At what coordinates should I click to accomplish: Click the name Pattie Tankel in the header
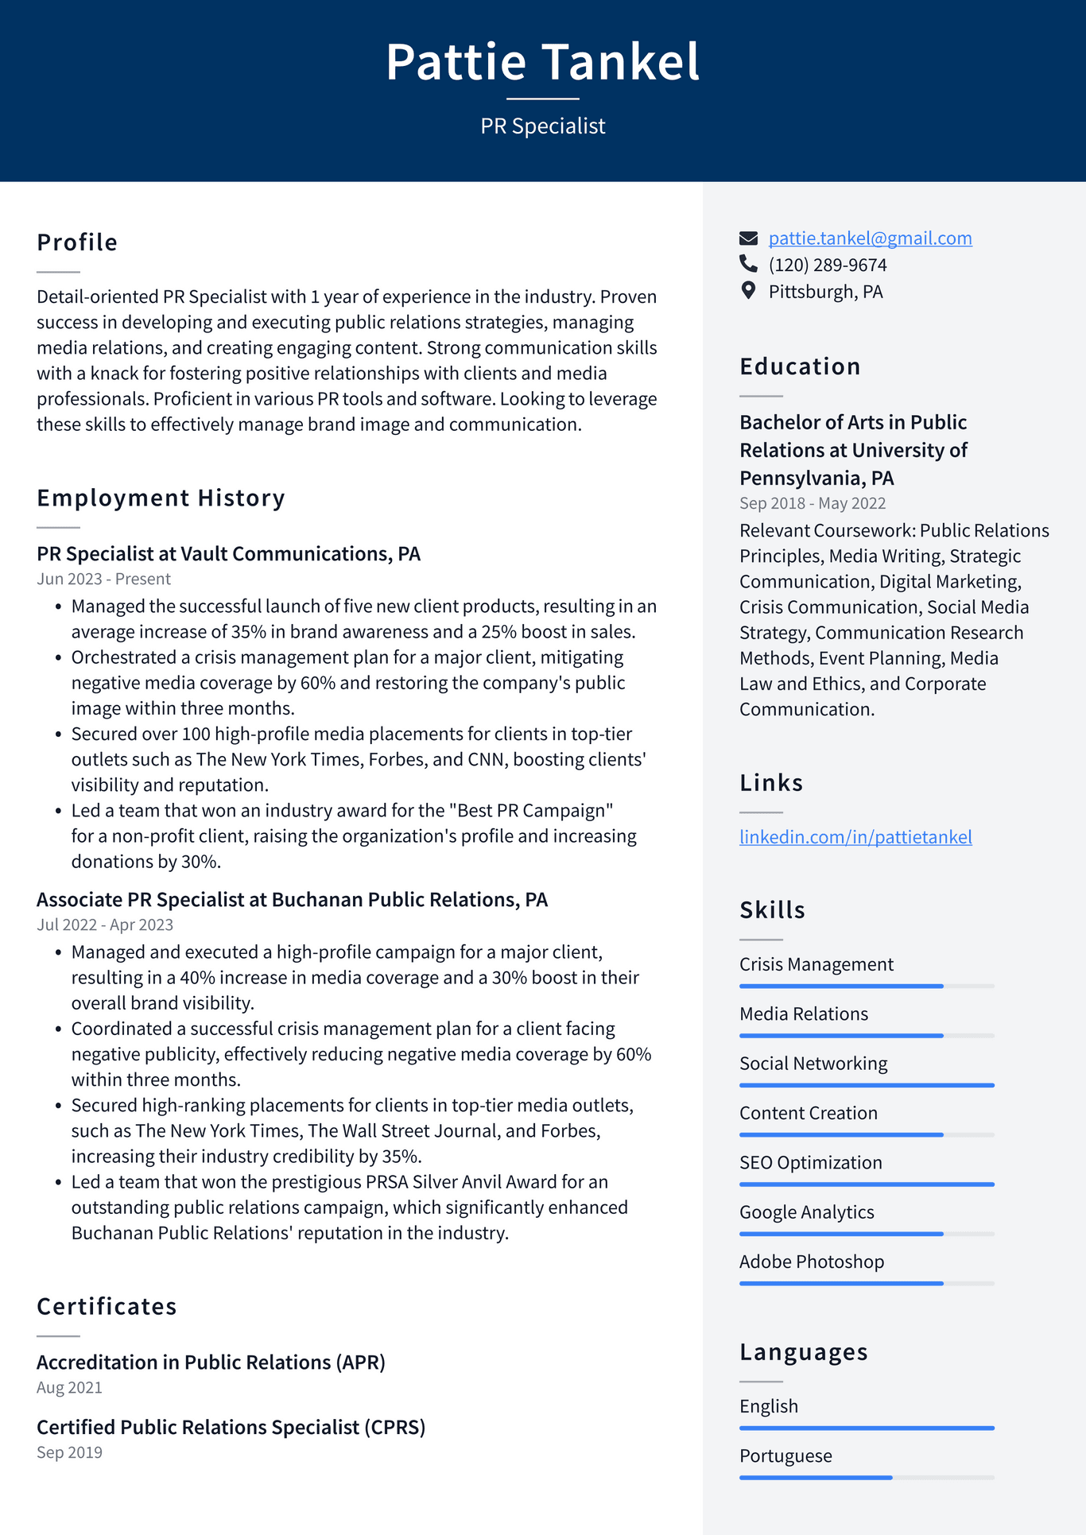click(543, 62)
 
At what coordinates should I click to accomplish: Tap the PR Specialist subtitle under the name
click(543, 126)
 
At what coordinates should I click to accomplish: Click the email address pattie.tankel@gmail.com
click(870, 238)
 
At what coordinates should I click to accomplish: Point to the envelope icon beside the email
click(748, 238)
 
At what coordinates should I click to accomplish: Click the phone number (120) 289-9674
click(827, 265)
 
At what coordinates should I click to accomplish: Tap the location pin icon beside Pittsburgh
click(748, 291)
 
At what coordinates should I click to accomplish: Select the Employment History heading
click(161, 498)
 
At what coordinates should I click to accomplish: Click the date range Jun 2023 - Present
click(103, 579)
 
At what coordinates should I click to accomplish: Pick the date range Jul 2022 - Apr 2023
click(104, 924)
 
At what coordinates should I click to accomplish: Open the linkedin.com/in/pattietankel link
click(855, 836)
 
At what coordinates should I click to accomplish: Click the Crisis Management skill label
click(816, 964)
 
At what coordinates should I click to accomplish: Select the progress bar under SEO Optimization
click(867, 1184)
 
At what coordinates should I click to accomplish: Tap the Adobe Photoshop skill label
click(811, 1262)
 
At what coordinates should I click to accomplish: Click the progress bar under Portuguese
click(867, 1478)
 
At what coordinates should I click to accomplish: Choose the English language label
click(768, 1406)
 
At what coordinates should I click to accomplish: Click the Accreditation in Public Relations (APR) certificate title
click(211, 1362)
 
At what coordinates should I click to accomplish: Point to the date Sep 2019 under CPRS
click(69, 1452)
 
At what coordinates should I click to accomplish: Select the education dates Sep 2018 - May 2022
click(812, 503)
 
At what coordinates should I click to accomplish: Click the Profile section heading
click(77, 242)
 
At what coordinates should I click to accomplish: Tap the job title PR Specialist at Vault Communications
click(228, 553)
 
